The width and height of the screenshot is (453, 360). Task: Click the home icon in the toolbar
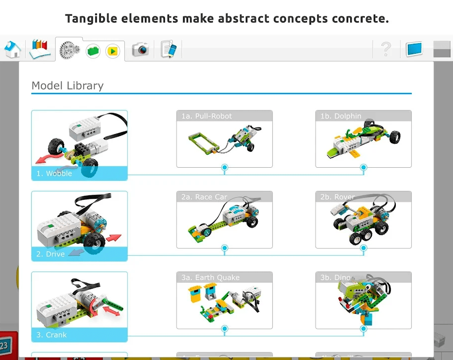[x=13, y=49]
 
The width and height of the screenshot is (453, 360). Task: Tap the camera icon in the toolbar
[x=140, y=49]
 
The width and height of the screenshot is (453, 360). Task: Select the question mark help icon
[x=385, y=49]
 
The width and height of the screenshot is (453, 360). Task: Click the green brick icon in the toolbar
[x=93, y=51]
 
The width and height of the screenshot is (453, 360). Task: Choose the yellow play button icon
[x=113, y=51]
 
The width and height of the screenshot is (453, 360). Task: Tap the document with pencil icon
[x=169, y=49]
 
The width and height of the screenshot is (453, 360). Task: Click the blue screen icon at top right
[x=414, y=49]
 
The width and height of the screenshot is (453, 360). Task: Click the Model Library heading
[x=67, y=85]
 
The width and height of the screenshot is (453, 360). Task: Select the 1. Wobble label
[x=54, y=174]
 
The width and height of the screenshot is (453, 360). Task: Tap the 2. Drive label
[x=50, y=254]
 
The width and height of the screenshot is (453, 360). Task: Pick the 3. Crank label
[x=51, y=335]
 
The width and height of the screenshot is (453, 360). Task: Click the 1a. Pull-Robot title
[x=207, y=116]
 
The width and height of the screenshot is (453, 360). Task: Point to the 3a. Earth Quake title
[x=210, y=278]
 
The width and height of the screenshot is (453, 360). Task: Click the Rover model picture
[x=363, y=223]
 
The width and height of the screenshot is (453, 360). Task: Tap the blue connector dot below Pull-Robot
[x=225, y=167]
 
